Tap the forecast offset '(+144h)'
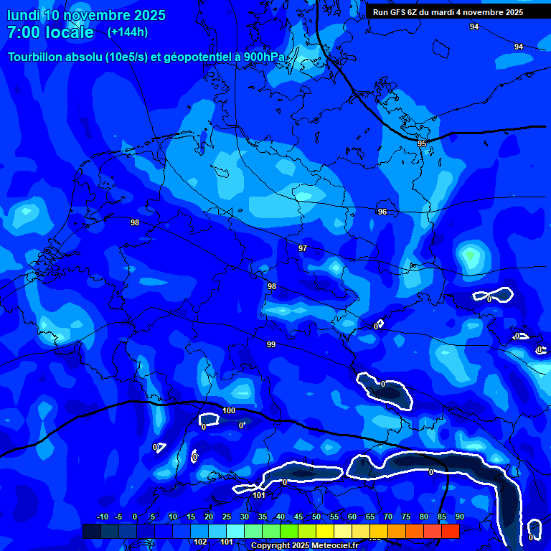[x=128, y=32]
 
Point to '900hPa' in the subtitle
[x=265, y=57]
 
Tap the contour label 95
[x=422, y=144]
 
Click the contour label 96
[x=382, y=212]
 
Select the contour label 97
[x=303, y=248]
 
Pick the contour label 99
[x=271, y=345]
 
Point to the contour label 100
[x=229, y=410]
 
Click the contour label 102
[x=201, y=542]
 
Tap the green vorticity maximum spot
[x=469, y=255]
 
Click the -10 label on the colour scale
[x=102, y=517]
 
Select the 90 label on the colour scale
[x=459, y=517]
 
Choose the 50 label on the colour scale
[x=316, y=517]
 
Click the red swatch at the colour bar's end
[x=450, y=531]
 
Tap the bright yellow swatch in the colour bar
[x=325, y=531]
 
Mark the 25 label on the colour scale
[x=227, y=517]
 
